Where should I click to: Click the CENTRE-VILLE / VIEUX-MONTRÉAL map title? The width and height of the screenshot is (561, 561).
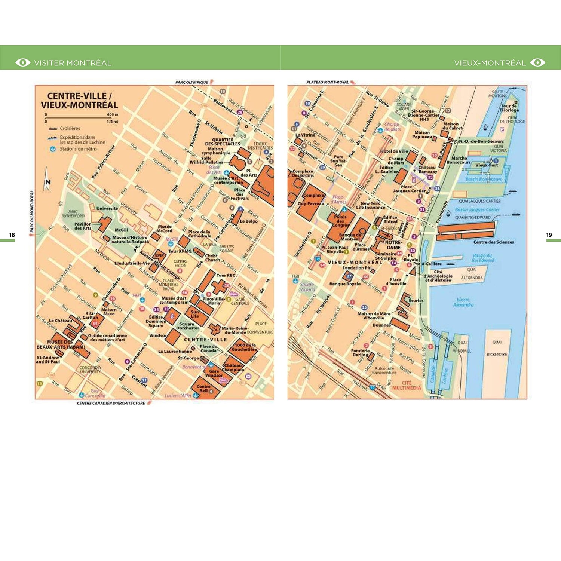79,101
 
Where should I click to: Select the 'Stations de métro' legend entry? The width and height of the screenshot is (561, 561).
78,149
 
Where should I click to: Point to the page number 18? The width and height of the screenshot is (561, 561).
12,235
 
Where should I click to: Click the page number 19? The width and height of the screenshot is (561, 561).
549,235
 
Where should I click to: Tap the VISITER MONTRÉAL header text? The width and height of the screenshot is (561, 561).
73,63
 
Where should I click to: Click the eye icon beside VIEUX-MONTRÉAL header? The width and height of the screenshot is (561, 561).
537,62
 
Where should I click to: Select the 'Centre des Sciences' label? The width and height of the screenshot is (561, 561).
493,242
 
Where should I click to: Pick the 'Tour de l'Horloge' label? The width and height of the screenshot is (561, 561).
509,108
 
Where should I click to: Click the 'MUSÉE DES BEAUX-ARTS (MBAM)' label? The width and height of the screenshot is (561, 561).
60,344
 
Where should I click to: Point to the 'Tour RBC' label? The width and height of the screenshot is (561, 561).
226,275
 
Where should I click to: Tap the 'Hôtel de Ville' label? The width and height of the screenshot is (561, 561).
394,151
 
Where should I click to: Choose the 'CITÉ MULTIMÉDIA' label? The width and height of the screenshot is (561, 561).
407,386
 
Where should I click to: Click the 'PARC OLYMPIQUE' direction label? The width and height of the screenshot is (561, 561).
191,82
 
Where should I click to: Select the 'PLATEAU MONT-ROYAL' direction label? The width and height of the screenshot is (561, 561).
327,82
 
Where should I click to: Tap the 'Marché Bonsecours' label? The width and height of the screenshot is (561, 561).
459,160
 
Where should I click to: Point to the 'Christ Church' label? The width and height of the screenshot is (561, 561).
212,258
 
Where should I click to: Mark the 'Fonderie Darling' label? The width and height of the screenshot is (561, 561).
360,353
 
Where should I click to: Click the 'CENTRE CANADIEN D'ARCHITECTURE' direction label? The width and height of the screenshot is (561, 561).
111,403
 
